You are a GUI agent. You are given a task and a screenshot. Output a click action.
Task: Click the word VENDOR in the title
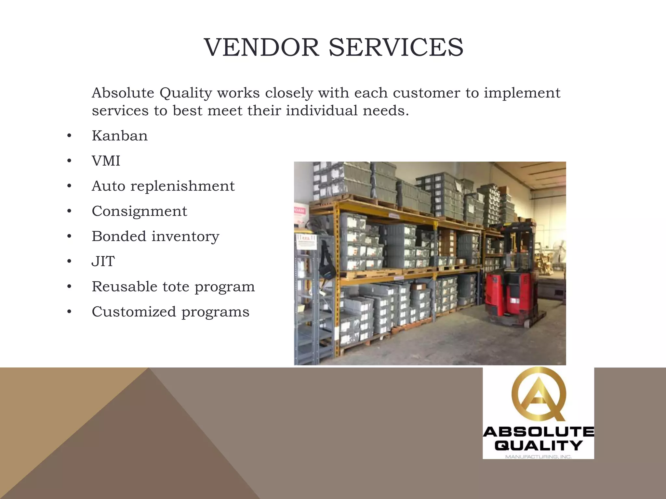point(261,47)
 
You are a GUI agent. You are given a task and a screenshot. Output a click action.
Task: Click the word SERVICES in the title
point(396,47)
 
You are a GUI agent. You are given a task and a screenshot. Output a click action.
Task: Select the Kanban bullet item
point(120,136)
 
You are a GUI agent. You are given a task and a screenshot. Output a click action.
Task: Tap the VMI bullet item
point(106,161)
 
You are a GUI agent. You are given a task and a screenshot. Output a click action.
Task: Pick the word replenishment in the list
point(182,186)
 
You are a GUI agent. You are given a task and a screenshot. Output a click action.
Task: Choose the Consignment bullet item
point(140,211)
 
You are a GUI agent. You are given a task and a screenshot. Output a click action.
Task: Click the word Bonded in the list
point(119,236)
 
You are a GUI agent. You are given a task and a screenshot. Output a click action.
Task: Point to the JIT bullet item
point(103,261)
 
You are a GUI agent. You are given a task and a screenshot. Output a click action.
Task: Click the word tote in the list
point(176,287)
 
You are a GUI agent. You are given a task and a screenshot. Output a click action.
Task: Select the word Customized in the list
point(134,312)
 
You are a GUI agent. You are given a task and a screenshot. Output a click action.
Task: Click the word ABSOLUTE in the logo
point(539,432)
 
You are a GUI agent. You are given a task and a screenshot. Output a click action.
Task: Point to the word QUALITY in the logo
point(539,445)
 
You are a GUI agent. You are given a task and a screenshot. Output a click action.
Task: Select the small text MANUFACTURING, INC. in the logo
point(539,457)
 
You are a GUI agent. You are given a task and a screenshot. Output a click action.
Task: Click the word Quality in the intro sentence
point(186,93)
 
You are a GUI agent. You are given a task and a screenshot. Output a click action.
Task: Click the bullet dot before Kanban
point(69,136)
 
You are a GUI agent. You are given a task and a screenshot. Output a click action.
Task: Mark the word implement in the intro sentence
point(522,93)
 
